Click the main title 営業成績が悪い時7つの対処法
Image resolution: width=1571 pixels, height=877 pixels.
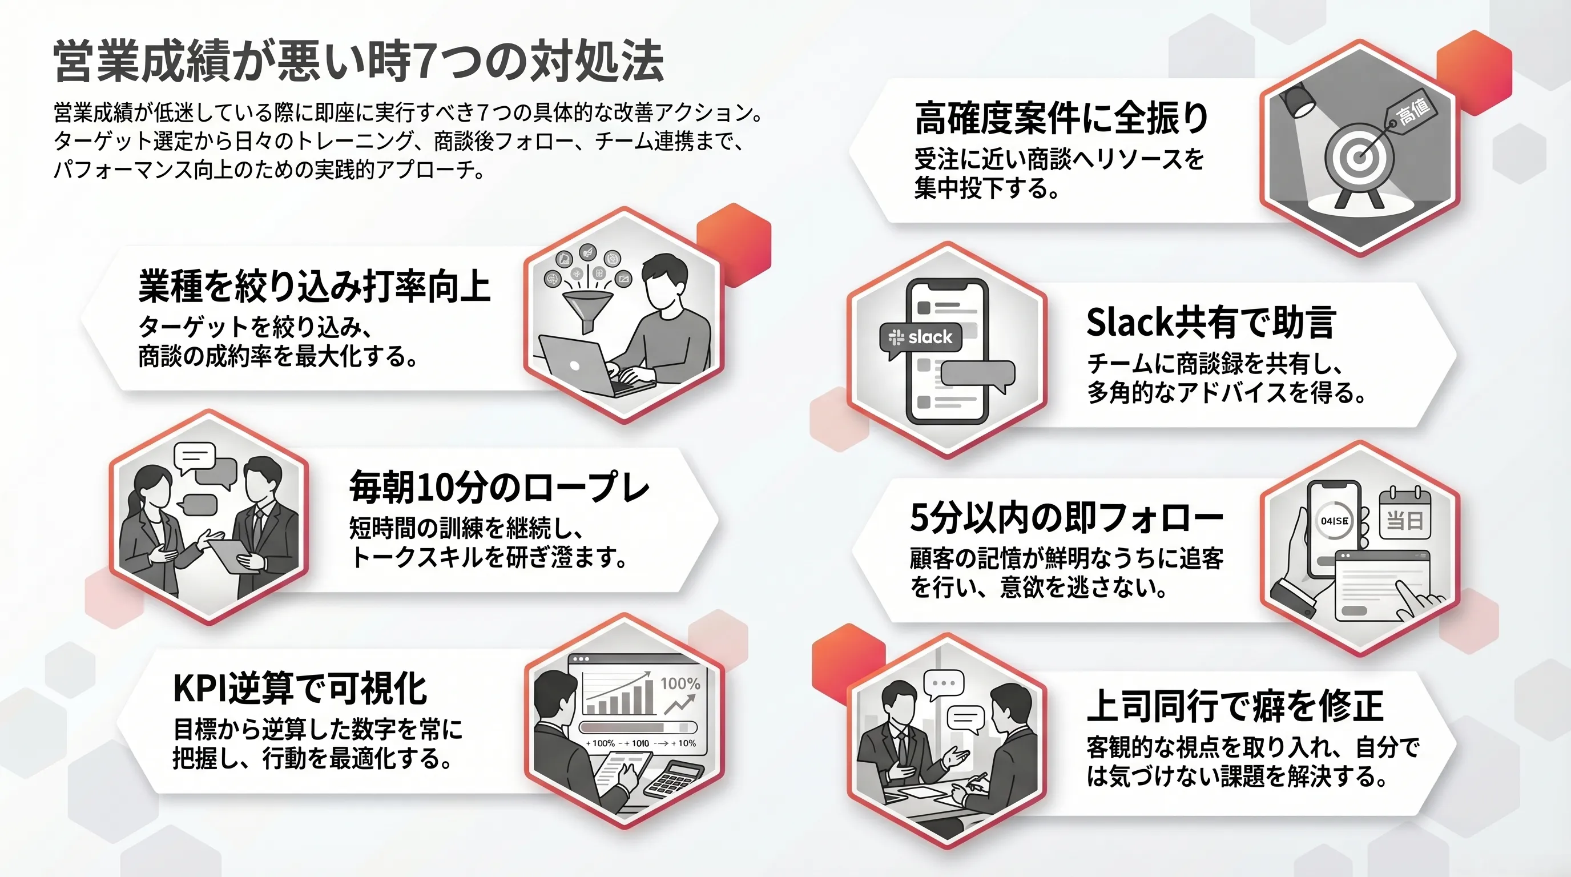(358, 61)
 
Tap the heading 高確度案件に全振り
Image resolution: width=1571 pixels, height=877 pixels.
(1061, 118)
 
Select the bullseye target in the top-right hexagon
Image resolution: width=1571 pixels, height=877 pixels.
(1359, 158)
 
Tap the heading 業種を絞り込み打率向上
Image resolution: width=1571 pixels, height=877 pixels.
(314, 286)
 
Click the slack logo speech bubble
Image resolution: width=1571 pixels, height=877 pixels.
(921, 339)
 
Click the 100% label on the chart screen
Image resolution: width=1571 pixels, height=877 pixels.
(680, 683)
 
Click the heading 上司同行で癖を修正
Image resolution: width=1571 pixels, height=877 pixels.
(1235, 706)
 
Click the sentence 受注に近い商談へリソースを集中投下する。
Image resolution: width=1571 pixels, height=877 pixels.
(1059, 173)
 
